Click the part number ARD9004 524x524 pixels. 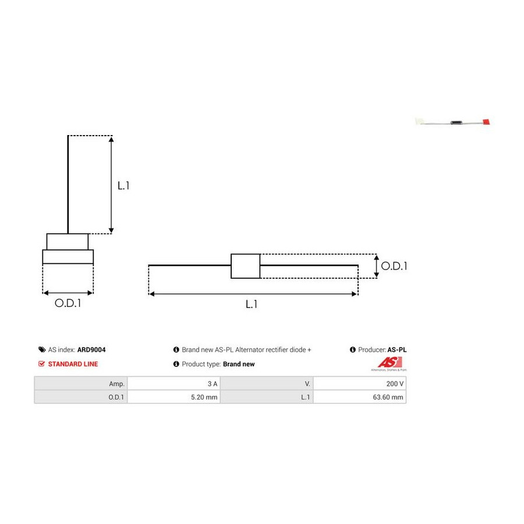click(91, 349)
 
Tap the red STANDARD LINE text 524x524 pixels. click(73, 364)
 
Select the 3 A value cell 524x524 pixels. click(174, 384)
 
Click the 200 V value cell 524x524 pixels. click(360, 384)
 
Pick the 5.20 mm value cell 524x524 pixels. click(174, 397)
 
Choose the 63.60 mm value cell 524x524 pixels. click(360, 397)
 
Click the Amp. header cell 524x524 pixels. click(80, 384)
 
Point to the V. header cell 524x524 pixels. click(267, 384)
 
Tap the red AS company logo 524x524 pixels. click(390, 362)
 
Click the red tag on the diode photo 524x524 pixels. click(486, 122)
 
